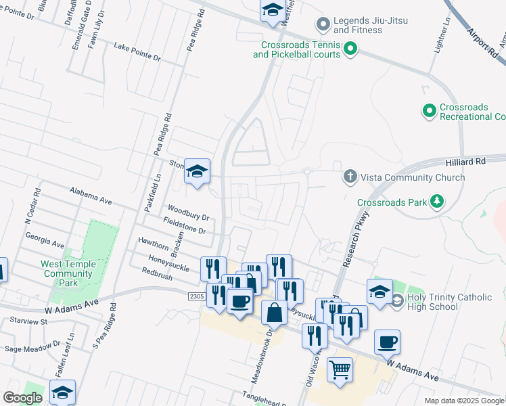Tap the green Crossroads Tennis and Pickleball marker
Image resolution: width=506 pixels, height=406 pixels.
pyautogui.click(x=350, y=48)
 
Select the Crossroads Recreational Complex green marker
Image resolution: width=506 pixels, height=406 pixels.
pyautogui.click(x=429, y=110)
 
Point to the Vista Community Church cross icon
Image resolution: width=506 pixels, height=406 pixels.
pyautogui.click(x=350, y=177)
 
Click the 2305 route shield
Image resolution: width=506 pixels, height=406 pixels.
pyautogui.click(x=196, y=296)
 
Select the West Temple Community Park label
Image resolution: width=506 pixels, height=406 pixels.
pyautogui.click(x=66, y=269)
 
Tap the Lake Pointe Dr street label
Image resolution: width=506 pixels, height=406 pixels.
pyautogui.click(x=137, y=52)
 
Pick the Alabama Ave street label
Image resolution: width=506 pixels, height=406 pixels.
pyautogui.click(x=90, y=197)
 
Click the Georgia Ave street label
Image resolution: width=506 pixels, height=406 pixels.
pyautogui.click(x=44, y=240)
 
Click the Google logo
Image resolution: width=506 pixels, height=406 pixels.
pyautogui.click(x=22, y=398)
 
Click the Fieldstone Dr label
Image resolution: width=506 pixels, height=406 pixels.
pyautogui.click(x=184, y=226)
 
